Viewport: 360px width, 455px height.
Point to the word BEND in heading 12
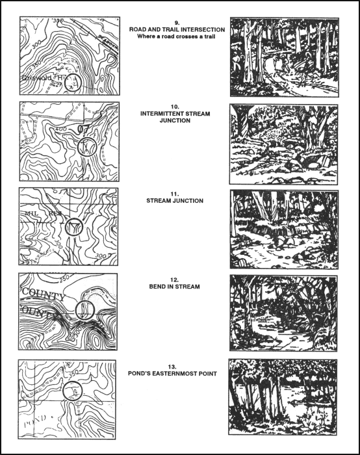(162, 287)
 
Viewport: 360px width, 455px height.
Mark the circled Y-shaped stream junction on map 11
(75, 227)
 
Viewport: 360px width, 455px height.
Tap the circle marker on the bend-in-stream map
(84, 308)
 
